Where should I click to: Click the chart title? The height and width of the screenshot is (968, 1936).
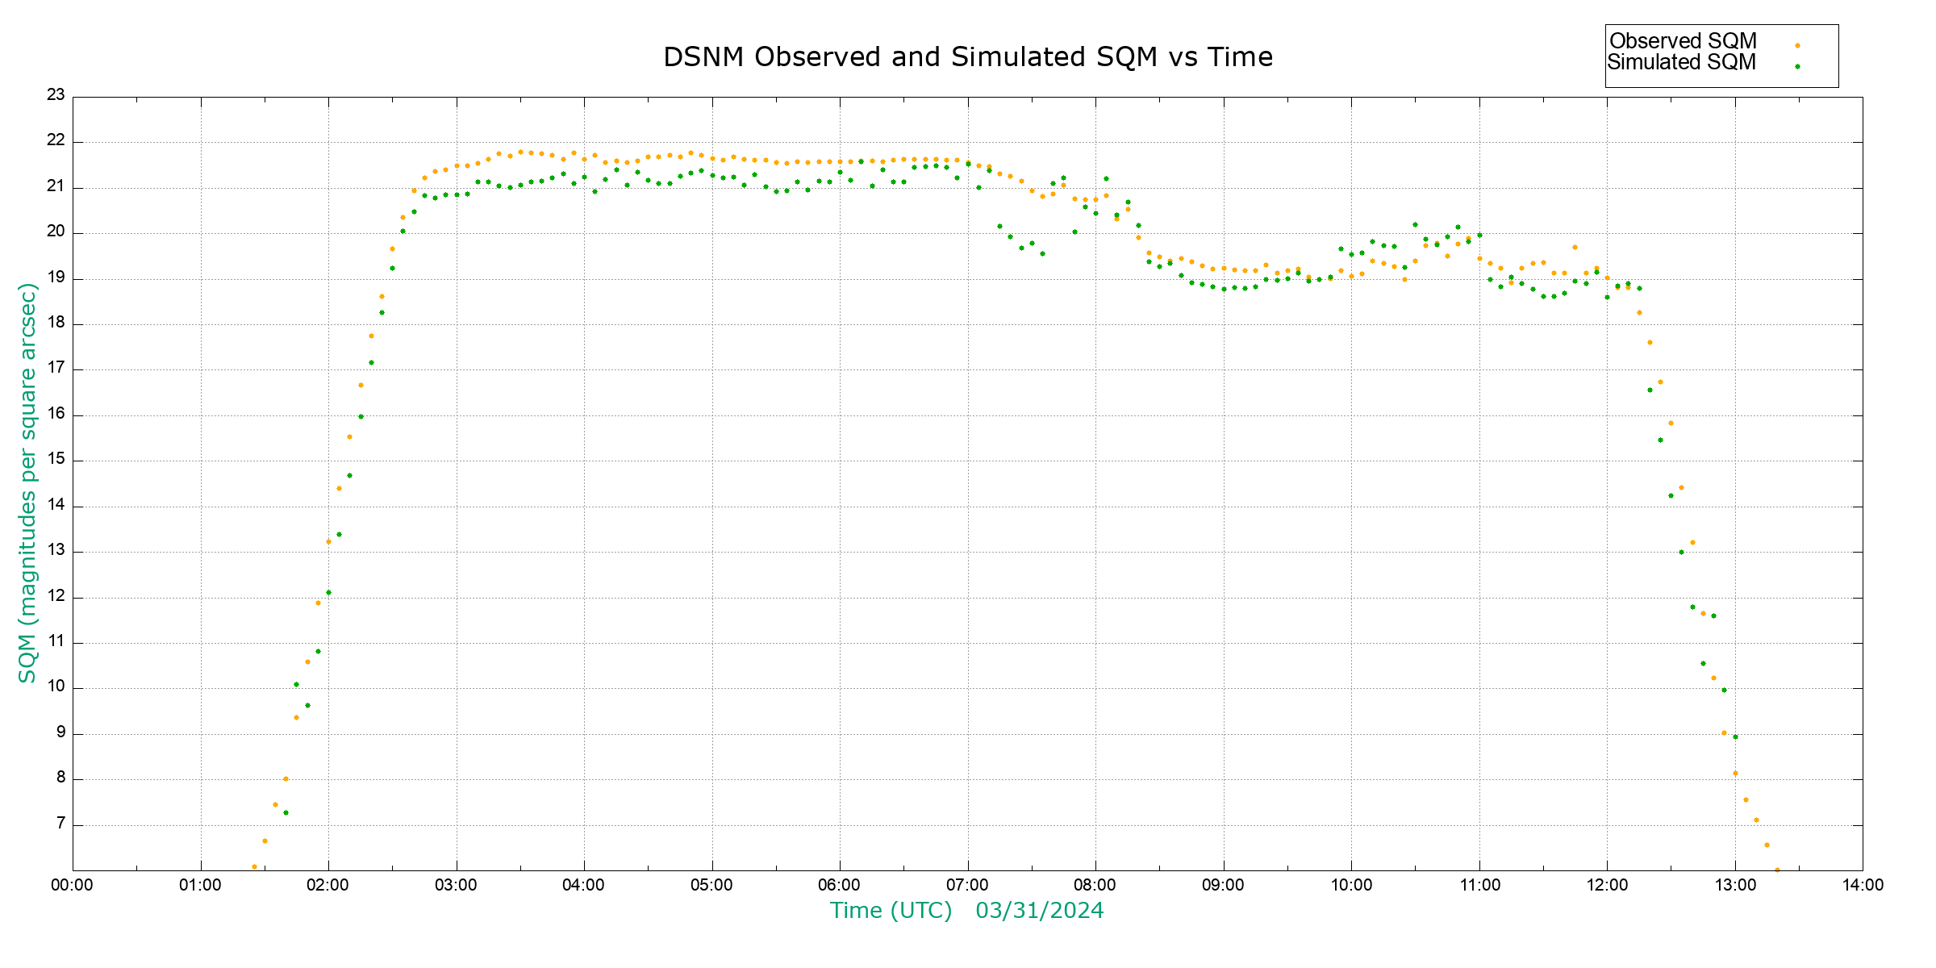coord(968,57)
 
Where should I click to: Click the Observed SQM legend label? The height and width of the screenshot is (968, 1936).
coord(1683,41)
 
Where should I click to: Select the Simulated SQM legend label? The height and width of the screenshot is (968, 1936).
coord(1681,62)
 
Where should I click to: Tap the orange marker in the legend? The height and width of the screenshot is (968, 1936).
coord(1797,45)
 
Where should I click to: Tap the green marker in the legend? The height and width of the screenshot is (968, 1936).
coord(1797,66)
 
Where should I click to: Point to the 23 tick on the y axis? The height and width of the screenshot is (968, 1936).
coord(56,95)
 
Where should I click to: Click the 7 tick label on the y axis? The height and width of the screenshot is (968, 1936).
coord(60,824)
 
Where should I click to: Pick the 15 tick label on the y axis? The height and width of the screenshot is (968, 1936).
coord(56,460)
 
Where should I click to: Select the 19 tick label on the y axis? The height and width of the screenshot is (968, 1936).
coord(56,277)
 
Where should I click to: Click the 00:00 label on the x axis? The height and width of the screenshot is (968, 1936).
coord(73,885)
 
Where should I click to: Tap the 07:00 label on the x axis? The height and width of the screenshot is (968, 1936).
coord(967,885)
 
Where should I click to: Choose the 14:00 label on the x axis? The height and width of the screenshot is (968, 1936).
coord(1863,885)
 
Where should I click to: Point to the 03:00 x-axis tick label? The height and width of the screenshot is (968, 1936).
coord(457,885)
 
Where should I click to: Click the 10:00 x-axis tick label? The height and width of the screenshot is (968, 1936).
coord(1351,885)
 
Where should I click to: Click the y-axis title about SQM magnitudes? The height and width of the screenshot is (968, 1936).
coord(27,482)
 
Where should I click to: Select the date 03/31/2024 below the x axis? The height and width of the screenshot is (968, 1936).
coord(1039,911)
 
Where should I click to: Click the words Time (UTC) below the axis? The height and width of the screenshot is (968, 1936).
coord(891,911)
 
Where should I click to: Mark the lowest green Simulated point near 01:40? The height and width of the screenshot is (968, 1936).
coord(286,812)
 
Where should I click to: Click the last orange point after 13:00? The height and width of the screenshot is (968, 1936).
coord(1777,870)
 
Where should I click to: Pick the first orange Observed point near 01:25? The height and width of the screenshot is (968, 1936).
coord(254,866)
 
